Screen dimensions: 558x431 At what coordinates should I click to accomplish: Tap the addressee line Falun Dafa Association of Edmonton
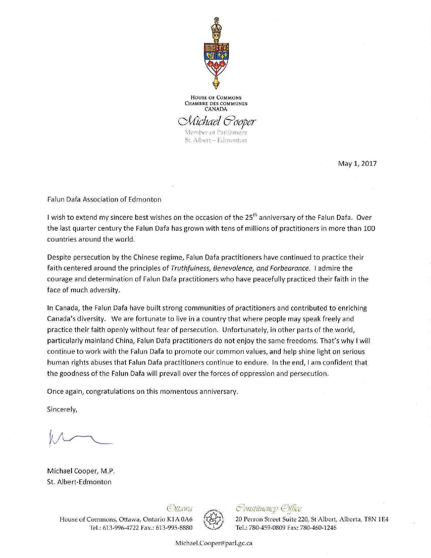point(104,199)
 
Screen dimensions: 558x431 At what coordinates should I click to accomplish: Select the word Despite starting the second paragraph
point(58,257)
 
